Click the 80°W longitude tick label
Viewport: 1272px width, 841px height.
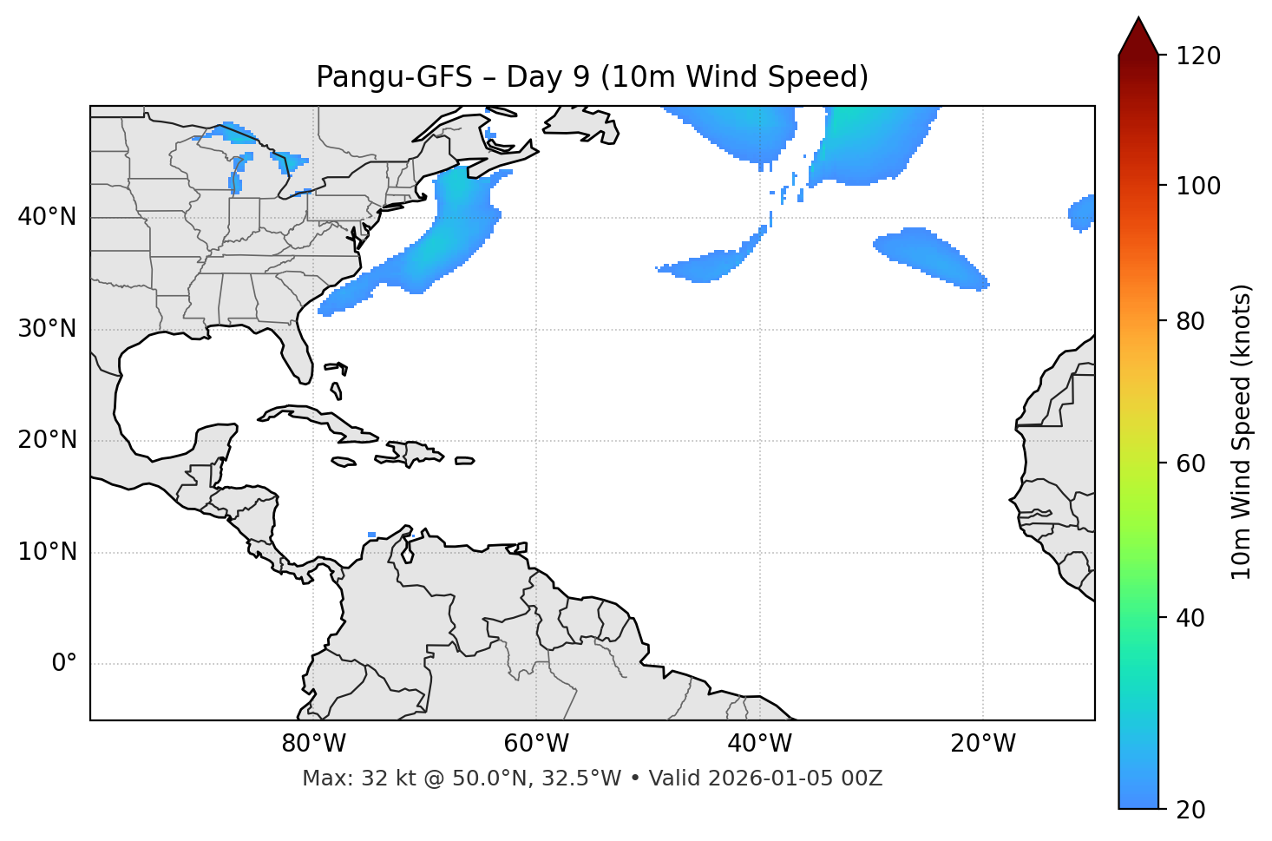click(313, 744)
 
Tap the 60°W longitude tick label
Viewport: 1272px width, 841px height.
click(536, 744)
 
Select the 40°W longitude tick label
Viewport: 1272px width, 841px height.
click(759, 744)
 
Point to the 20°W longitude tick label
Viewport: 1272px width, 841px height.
click(982, 744)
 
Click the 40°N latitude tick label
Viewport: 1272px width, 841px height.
click(47, 217)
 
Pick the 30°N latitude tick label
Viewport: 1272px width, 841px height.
click(47, 329)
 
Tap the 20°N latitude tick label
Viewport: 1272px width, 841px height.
click(47, 440)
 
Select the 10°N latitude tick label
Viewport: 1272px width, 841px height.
click(47, 552)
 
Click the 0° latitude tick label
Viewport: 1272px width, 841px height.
click(64, 664)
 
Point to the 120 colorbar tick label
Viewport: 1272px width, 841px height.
click(1197, 56)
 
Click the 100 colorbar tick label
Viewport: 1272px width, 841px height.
click(1197, 186)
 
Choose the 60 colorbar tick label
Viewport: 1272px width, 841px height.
click(1190, 463)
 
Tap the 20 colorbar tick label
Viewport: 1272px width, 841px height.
click(1190, 810)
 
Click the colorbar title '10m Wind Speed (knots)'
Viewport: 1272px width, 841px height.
click(1242, 432)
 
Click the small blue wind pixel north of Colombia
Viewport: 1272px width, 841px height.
click(372, 535)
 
